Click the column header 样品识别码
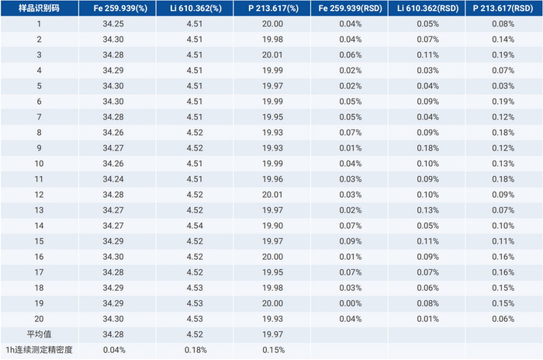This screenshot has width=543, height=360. pyautogui.click(x=39, y=8)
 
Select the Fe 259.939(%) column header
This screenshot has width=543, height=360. pyautogui.click(x=120, y=8)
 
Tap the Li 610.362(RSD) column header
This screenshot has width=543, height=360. pyautogui.click(x=427, y=8)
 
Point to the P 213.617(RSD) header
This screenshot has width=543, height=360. pyautogui.click(x=503, y=8)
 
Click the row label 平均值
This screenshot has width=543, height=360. pyautogui.click(x=39, y=334)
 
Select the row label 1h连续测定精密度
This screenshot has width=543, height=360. pyautogui.click(x=39, y=350)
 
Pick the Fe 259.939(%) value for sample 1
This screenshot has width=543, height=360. pyautogui.click(x=113, y=24)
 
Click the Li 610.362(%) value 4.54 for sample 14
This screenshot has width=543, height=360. pyautogui.click(x=195, y=226)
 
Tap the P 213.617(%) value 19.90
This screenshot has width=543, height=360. pyautogui.click(x=272, y=226)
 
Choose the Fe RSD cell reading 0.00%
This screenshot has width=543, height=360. pyautogui.click(x=351, y=303)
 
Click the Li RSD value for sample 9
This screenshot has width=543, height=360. pyautogui.click(x=427, y=148)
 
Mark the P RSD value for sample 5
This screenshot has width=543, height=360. pyautogui.click(x=503, y=86)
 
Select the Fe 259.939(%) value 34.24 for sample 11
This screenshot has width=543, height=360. pyautogui.click(x=113, y=179)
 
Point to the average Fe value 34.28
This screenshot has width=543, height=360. pyautogui.click(x=113, y=334)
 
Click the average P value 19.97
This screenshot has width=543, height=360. pyautogui.click(x=272, y=334)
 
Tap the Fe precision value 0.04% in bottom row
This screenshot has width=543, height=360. pyautogui.click(x=114, y=350)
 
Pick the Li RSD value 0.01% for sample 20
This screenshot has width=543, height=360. pyautogui.click(x=427, y=319)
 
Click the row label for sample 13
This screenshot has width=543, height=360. pyautogui.click(x=39, y=210)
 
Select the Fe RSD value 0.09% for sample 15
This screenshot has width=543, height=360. pyautogui.click(x=351, y=241)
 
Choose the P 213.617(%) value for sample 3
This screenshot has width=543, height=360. pyautogui.click(x=272, y=55)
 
